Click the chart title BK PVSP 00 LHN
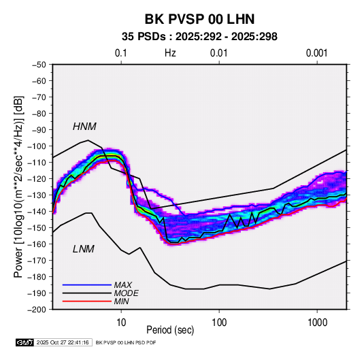coord(199,19)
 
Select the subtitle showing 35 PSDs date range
coord(199,37)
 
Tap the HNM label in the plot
coord(84,127)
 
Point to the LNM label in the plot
coord(84,249)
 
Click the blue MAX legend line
coord(87,284)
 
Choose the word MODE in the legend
coord(127,293)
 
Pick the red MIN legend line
coord(87,301)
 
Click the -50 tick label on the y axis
coord(39,65)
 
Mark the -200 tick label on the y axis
coord(37,310)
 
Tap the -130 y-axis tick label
coord(37,195)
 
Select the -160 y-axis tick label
coord(37,244)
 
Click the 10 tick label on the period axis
coord(121,323)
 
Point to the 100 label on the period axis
coord(219,323)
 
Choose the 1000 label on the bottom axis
coord(317,323)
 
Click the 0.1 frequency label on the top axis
coord(121,53)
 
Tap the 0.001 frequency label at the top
coord(316,53)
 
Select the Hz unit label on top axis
coord(170,53)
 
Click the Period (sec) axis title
coord(170,330)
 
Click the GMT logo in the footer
coord(25,342)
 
